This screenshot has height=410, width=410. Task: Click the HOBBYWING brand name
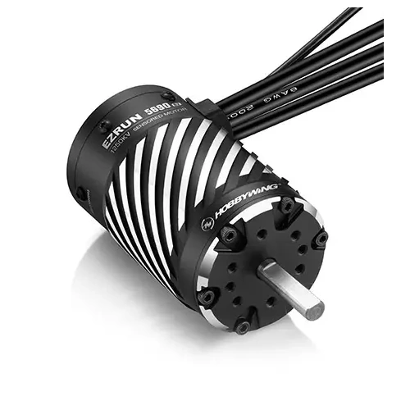coord(246,199)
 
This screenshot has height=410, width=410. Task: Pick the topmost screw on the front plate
coord(286,206)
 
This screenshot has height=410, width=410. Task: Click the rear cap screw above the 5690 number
coord(167,96)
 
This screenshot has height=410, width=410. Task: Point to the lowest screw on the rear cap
coord(83,194)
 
